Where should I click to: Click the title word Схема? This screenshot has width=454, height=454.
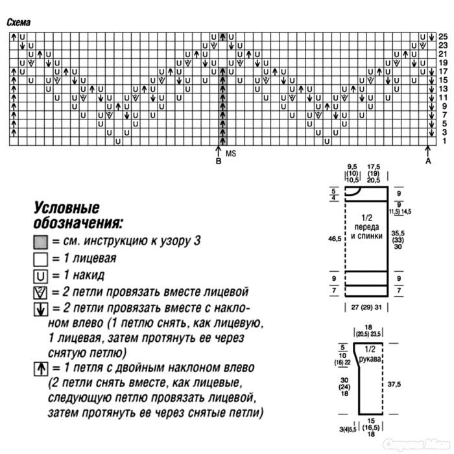coord(21,22)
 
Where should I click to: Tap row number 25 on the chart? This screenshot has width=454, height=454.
coord(443,36)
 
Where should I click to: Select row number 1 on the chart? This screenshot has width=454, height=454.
coord(444,141)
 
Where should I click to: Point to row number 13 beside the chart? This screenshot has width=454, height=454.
coord(443,89)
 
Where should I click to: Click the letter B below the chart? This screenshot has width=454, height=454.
coord(219,161)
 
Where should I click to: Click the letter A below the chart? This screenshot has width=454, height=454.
coord(428,161)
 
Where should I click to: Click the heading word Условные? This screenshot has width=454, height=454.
coord(66,209)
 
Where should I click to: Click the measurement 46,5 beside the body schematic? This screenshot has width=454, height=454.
coord(335,239)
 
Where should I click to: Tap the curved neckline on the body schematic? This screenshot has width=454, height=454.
coord(353,191)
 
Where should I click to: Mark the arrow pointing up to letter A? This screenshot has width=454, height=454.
coord(428,152)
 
